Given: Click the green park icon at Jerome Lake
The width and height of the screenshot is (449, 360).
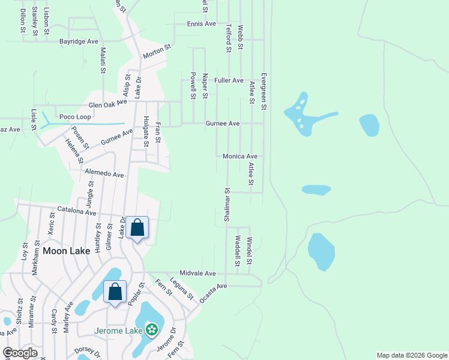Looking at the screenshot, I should tap(152, 329).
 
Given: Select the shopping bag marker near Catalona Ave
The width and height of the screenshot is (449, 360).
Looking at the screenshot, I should tap(137, 228).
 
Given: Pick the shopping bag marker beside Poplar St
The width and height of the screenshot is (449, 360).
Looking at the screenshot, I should tap(115, 292).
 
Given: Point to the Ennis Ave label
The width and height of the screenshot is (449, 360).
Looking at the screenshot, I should tap(201, 24).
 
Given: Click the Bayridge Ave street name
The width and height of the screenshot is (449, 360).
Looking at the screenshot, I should tap(78, 42).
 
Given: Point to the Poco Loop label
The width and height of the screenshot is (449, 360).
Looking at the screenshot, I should tap(75, 116).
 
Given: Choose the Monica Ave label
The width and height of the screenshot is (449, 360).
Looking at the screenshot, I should tap(240, 156).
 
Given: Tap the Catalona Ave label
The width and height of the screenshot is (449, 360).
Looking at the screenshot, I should tap(77, 212).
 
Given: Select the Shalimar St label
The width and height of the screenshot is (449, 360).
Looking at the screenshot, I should tap(228, 206).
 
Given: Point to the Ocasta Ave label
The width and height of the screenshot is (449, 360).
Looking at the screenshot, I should tap(214, 292).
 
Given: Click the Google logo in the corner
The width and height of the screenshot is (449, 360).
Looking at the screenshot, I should tap(20, 353).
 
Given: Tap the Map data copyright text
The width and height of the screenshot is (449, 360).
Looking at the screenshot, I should tap(411, 355).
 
